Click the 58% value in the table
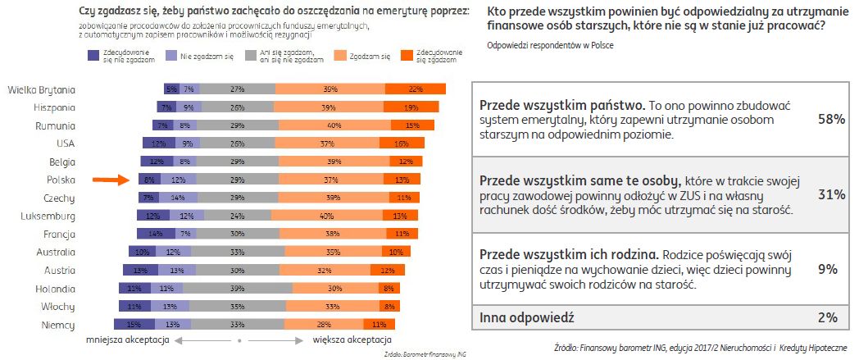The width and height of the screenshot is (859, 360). (831, 120)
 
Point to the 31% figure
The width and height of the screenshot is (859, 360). (831, 194)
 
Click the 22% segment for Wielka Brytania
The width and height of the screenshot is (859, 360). (416, 89)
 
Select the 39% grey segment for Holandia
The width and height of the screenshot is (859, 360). (238, 289)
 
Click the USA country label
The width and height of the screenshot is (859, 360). (64, 144)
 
